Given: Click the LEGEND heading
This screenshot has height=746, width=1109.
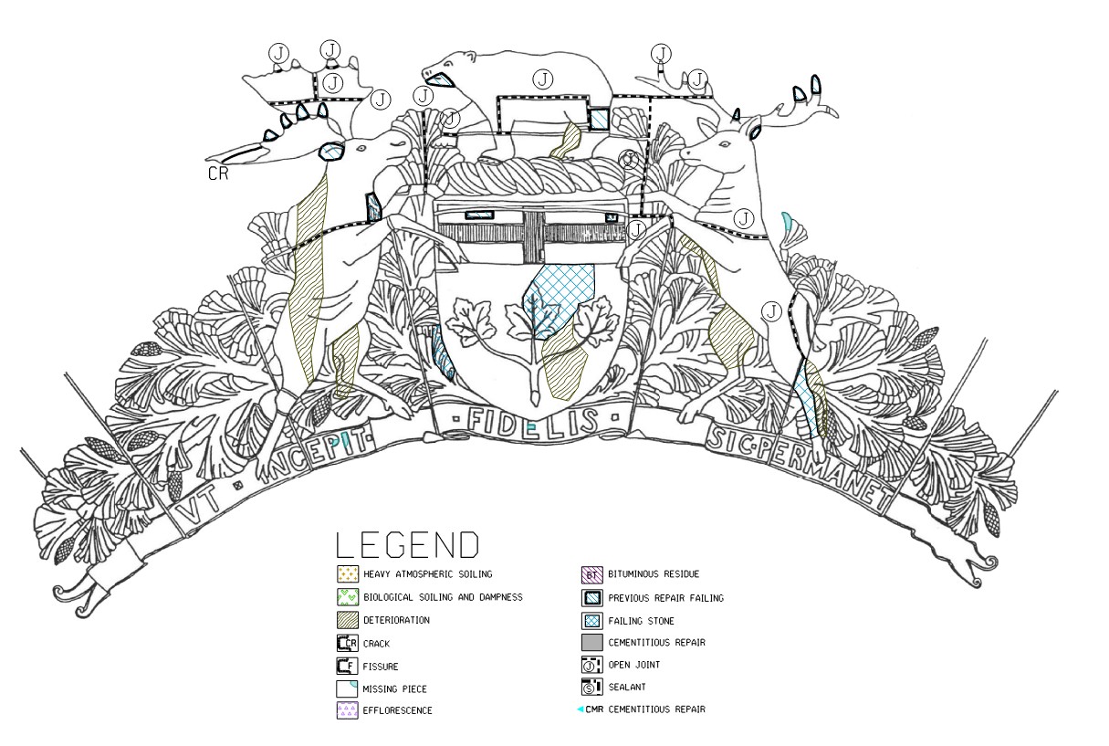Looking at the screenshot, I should tap(407, 545).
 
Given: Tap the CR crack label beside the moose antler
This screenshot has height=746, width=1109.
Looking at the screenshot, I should tap(217, 173).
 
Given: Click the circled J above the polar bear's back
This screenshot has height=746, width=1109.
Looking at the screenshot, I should tap(544, 79).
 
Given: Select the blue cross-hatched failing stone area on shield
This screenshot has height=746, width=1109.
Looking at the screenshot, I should tap(559, 297).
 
